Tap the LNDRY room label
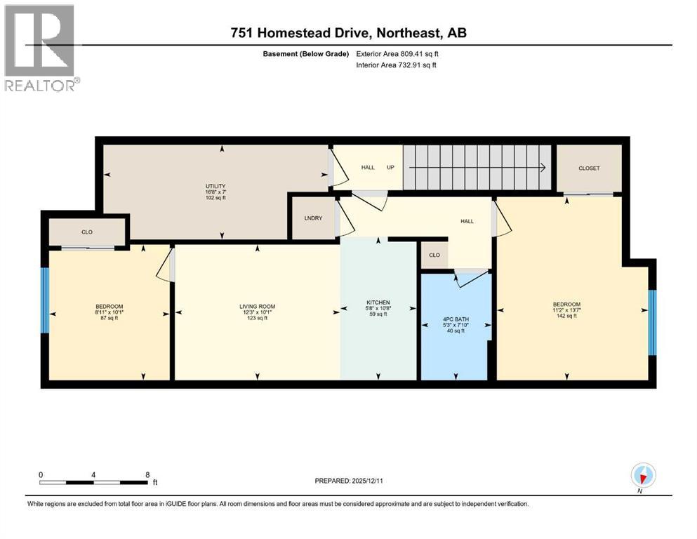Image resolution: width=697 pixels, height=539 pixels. pos(313,218)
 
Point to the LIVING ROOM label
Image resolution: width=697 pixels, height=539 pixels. pos(257,306)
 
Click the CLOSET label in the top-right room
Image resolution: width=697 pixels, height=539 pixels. pos(589,168)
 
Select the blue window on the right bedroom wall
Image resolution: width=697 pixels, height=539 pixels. pos(652,322)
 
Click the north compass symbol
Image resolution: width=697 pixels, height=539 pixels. pos(642,476)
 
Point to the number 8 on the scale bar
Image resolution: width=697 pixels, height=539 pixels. pos(147,474)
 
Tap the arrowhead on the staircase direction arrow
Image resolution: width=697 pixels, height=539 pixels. pos(543,168)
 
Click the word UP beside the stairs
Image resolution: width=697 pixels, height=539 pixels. pos(390,168)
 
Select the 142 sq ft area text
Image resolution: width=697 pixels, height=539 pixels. pos(566,317)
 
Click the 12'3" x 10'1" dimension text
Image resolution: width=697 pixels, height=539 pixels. pos(257,312)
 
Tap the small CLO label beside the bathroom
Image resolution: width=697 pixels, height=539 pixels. pos(434,255)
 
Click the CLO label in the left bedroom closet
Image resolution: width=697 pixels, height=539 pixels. pos(86,232)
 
